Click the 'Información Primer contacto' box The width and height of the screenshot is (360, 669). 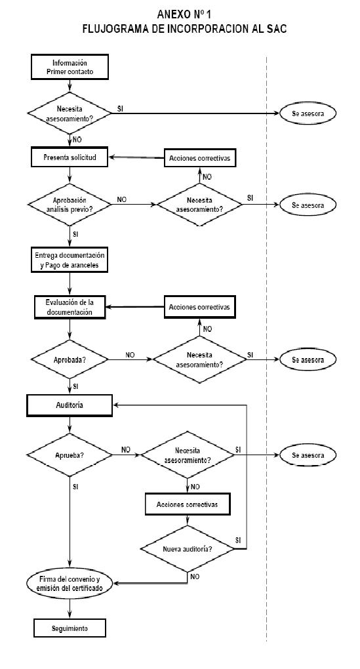(x=70, y=67)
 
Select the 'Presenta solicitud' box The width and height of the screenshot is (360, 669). (x=70, y=157)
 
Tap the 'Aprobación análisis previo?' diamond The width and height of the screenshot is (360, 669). (x=70, y=205)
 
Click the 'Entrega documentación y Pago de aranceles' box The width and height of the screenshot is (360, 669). (x=70, y=260)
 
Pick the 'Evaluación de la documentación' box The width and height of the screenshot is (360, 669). (x=70, y=307)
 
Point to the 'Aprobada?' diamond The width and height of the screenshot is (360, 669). (x=70, y=359)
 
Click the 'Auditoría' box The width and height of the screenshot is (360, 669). (x=70, y=405)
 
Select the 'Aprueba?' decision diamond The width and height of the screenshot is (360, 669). (x=70, y=455)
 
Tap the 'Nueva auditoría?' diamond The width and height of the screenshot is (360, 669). (x=188, y=549)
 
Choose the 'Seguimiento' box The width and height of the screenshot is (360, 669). (x=70, y=628)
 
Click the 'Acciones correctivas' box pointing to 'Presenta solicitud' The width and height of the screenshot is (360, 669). (x=199, y=158)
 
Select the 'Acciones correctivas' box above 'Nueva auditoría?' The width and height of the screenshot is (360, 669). (x=188, y=504)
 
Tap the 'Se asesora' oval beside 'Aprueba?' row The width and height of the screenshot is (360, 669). (x=308, y=455)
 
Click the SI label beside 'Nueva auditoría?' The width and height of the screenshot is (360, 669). (x=238, y=540)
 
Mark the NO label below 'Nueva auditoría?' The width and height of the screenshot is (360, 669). (x=195, y=577)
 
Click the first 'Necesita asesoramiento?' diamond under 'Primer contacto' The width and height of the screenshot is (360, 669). (x=70, y=113)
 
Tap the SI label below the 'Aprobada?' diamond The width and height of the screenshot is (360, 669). (x=75, y=386)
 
